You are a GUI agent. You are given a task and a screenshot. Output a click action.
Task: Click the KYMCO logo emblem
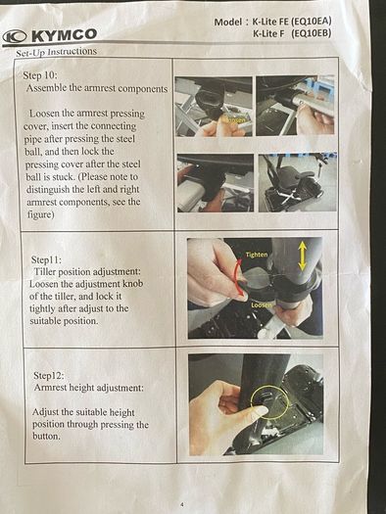tap(15, 36)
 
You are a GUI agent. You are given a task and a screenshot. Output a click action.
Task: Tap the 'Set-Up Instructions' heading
tap(56, 52)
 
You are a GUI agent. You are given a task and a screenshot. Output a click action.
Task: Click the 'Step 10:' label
tap(40, 75)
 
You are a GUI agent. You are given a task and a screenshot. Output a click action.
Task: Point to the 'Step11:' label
tap(46, 260)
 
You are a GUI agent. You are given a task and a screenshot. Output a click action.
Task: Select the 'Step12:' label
tap(49, 375)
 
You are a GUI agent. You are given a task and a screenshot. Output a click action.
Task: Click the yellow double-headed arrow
tap(303, 256)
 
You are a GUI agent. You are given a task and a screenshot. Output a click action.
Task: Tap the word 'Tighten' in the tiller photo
tap(257, 255)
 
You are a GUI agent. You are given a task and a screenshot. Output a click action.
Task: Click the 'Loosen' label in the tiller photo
tap(262, 305)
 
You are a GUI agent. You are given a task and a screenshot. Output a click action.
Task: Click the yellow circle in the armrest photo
tap(269, 402)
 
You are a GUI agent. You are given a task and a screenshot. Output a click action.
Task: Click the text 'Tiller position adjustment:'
tap(87, 272)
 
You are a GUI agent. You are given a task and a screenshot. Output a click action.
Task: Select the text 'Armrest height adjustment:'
tap(88, 388)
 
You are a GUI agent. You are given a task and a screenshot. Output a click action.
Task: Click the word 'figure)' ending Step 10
tap(40, 214)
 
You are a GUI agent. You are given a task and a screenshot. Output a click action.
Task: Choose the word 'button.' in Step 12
tap(46, 437)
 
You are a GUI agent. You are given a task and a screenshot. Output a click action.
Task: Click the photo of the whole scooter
tap(298, 182)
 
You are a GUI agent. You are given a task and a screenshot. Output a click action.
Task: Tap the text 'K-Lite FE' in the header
tap(270, 22)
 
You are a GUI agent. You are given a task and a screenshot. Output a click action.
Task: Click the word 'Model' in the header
tap(227, 23)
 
